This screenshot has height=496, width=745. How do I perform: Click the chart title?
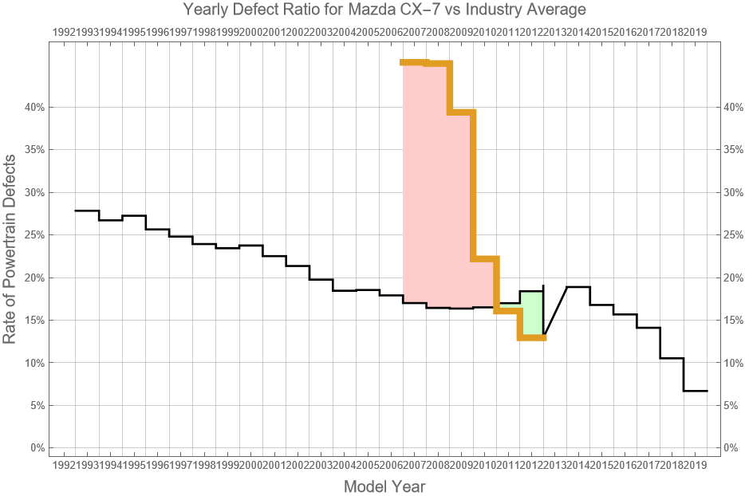pyautogui.click(x=384, y=10)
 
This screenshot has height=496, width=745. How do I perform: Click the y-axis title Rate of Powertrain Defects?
pyautogui.click(x=10, y=250)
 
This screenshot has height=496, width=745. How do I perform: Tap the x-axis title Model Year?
pyautogui.click(x=384, y=486)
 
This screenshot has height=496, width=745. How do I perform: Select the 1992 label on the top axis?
pyautogui.click(x=64, y=32)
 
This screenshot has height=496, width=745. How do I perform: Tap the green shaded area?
pyautogui.click(x=531, y=315)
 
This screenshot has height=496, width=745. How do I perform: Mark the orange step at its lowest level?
pyautogui.click(x=532, y=338)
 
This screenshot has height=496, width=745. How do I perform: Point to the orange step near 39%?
pyautogui.click(x=461, y=112)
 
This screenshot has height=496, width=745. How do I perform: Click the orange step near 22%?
pyautogui.click(x=485, y=258)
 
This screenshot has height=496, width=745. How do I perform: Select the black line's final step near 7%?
pyautogui.click(x=695, y=391)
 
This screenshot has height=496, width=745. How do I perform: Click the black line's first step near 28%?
pyautogui.click(x=87, y=211)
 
